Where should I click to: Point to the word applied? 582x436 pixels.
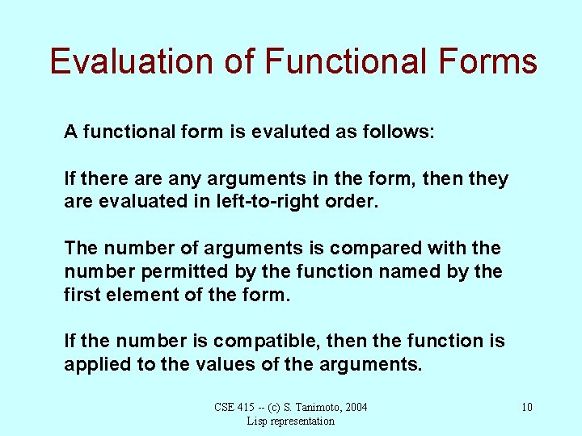(96, 364)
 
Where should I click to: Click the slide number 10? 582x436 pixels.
(526, 407)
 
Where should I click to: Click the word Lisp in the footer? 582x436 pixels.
(257, 421)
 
